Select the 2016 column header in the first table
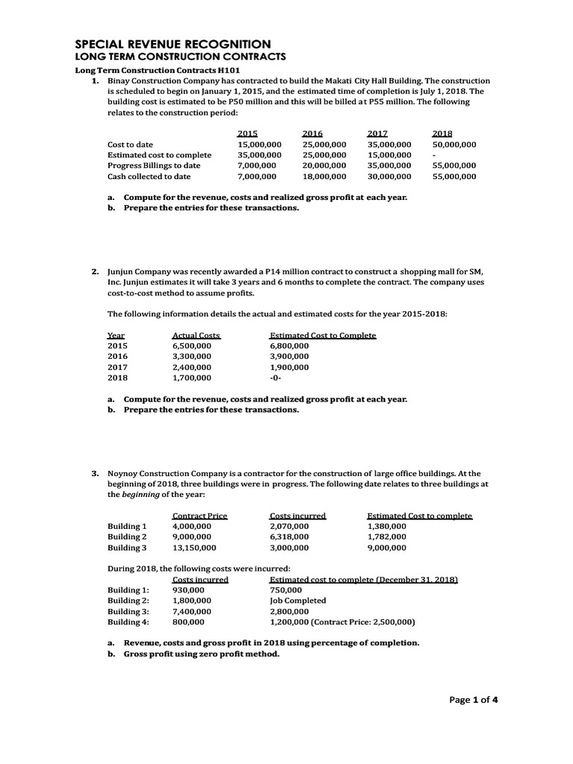point(313,132)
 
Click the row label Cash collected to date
point(149,177)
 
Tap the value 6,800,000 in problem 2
point(289,346)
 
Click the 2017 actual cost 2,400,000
point(192,367)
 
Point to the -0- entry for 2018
point(277,378)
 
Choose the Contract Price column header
point(199,515)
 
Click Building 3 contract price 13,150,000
point(194,548)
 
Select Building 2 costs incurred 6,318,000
point(289,536)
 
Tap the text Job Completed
point(298,600)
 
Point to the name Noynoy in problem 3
point(124,473)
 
